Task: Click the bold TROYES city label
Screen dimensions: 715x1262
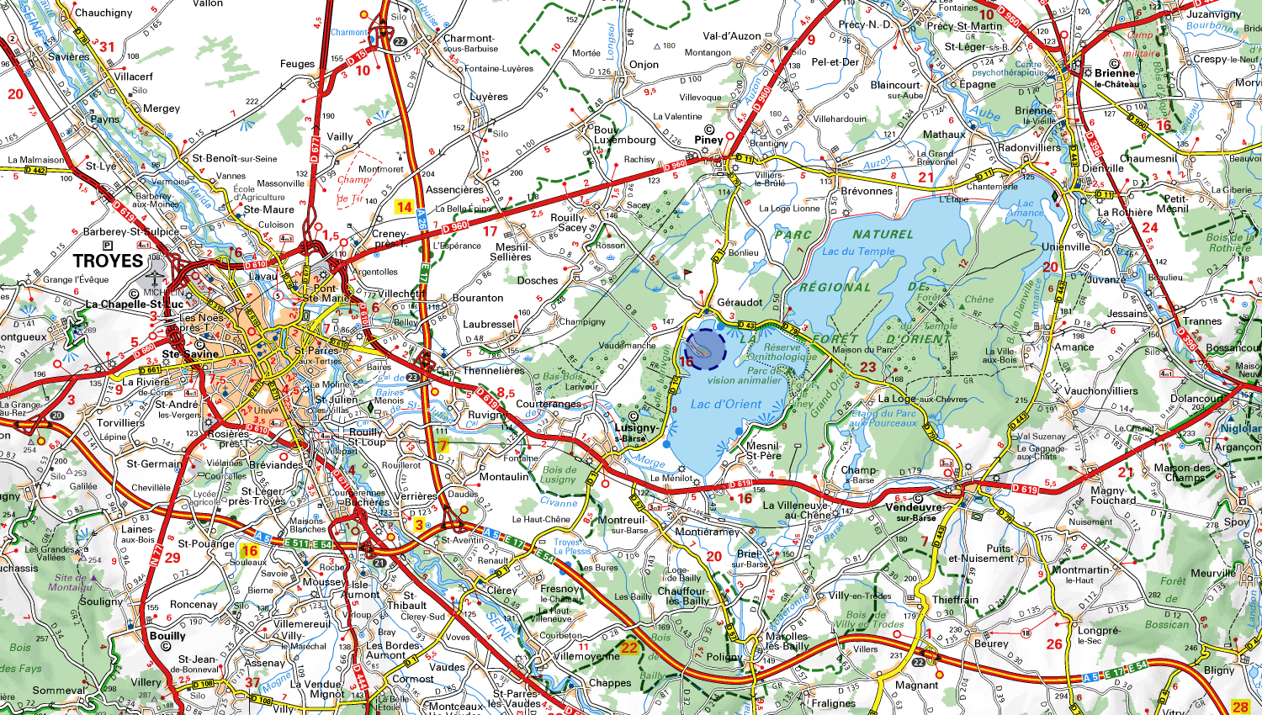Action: [109, 261]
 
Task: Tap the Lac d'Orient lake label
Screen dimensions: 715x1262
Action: [725, 404]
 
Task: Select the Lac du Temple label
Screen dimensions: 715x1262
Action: [858, 251]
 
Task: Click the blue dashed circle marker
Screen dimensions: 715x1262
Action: [705, 349]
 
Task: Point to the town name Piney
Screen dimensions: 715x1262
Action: [708, 140]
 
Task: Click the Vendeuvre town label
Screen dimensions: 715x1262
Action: [914, 507]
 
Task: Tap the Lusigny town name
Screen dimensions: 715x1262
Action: [635, 428]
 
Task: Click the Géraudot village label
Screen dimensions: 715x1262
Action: [740, 302]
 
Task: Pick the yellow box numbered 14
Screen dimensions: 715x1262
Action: [404, 207]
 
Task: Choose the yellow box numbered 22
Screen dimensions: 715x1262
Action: [629, 647]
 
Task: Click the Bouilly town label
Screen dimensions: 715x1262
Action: [167, 635]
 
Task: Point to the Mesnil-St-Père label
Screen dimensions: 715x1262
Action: [763, 451]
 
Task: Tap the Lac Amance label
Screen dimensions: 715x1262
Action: [1025, 208]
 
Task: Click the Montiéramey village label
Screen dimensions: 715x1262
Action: [707, 532]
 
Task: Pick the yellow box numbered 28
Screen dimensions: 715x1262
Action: [1239, 707]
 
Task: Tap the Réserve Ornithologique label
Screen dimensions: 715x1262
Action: [782, 352]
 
